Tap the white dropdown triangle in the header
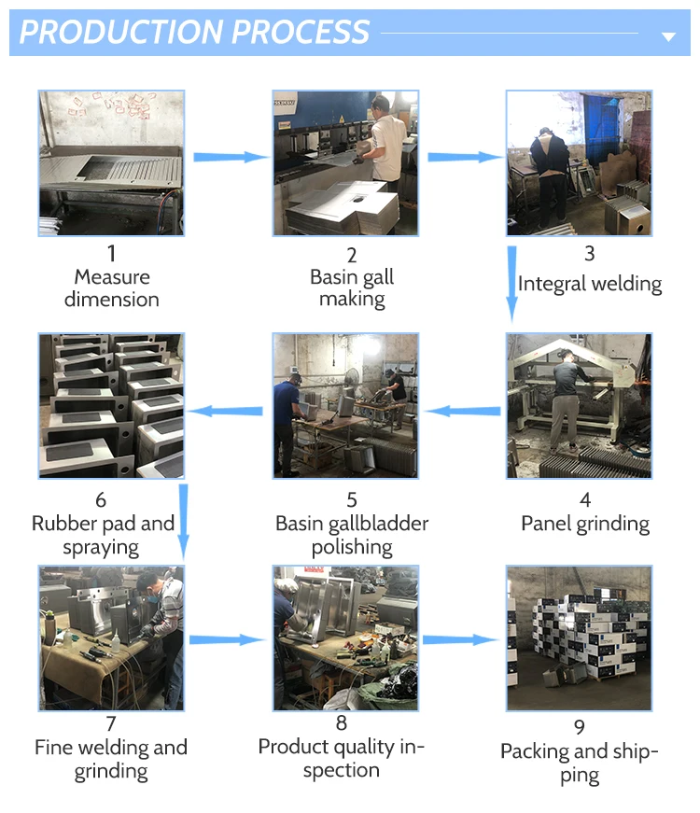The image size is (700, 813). (x=668, y=36)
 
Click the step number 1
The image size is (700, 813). (x=112, y=253)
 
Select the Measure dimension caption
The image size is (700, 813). (x=112, y=287)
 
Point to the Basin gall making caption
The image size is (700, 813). (x=352, y=287)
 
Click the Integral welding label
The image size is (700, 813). (x=590, y=284)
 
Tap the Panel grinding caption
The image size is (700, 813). (x=585, y=524)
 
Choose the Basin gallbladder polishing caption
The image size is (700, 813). (x=352, y=535)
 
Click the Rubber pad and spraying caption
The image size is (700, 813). (x=103, y=535)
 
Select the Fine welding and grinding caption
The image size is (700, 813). (x=111, y=759)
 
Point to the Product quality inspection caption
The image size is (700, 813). (x=342, y=758)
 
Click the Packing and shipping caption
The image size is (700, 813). (x=580, y=764)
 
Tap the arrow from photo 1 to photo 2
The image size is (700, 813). (x=230, y=157)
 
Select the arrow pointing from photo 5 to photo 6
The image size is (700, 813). (x=228, y=409)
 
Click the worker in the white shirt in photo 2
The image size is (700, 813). (x=385, y=140)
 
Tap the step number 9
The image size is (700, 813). (x=580, y=727)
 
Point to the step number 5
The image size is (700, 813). (x=352, y=500)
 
